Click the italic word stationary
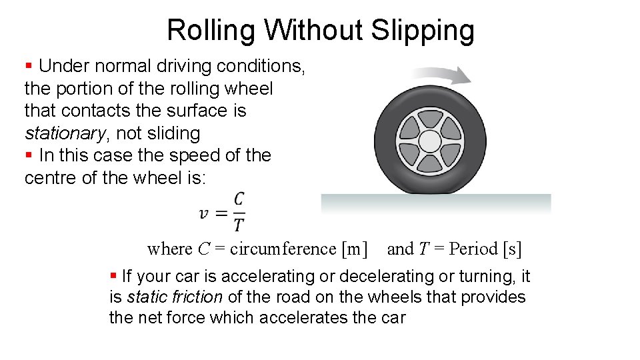[65, 133]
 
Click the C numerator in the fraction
[239, 199]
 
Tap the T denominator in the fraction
[239, 225]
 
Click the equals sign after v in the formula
[222, 213]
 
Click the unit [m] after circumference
[354, 249]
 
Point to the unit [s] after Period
[513, 249]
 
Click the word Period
[474, 249]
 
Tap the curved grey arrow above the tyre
[440, 73]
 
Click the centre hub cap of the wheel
[430, 141]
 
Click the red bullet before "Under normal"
[29, 66]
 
